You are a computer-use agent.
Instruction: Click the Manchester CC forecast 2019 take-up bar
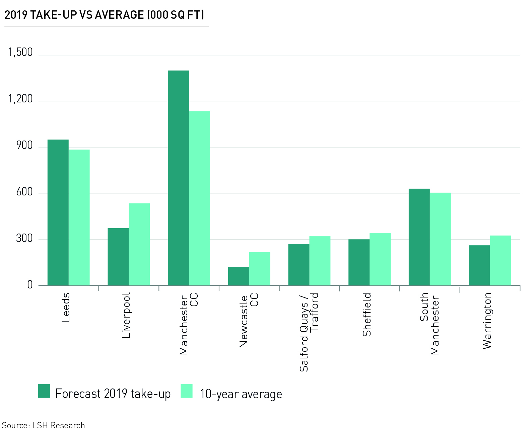click(x=178, y=178)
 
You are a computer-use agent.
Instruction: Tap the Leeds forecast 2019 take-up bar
click(x=58, y=212)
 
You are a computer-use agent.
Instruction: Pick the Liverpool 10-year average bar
click(x=139, y=244)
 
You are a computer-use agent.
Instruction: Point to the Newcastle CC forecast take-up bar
click(x=239, y=276)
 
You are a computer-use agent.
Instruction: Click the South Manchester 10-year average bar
click(x=440, y=239)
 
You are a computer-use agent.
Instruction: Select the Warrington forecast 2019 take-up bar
click(x=479, y=265)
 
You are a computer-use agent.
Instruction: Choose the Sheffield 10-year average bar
click(x=380, y=259)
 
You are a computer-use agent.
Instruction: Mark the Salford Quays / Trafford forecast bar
click(x=299, y=265)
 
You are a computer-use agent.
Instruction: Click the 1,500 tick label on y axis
click(x=20, y=52)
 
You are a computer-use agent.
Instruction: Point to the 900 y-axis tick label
click(x=24, y=145)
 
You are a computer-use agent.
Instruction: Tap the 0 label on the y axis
click(x=30, y=285)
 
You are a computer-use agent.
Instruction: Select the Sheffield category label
click(x=367, y=315)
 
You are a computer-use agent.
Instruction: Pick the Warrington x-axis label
click(x=487, y=321)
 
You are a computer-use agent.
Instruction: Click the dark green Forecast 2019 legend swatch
click(x=44, y=391)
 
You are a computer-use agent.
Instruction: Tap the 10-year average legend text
click(x=241, y=394)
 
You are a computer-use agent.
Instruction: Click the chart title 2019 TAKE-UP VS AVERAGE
click(x=104, y=15)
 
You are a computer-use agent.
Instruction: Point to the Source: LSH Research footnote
click(x=43, y=425)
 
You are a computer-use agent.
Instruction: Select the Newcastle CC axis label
click(x=249, y=320)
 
